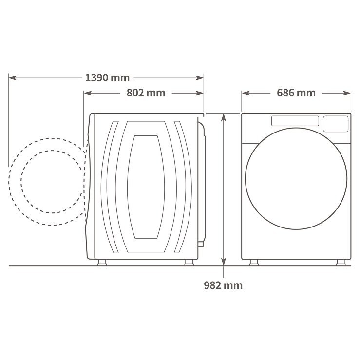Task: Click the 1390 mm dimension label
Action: point(107,78)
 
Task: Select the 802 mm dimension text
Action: point(146,93)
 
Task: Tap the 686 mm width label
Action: point(296,93)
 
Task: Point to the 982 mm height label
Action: point(223,285)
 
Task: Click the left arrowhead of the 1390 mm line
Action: point(12,78)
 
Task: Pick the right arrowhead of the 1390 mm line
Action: point(200,78)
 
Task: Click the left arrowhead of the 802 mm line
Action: point(88,93)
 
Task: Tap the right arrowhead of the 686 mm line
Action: point(347,93)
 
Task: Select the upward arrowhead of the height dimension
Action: point(224,117)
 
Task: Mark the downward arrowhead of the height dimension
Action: point(224,262)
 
